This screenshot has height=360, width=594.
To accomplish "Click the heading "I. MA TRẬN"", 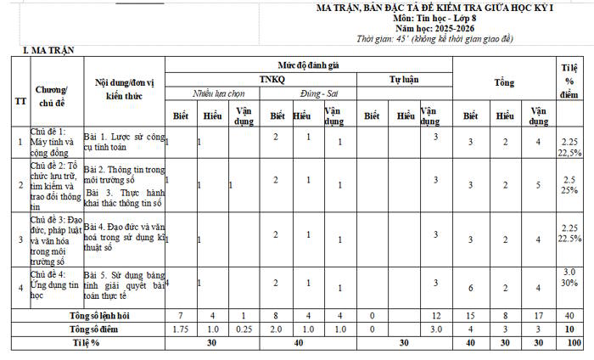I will [48, 51].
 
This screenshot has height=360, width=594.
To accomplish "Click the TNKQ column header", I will [278, 79].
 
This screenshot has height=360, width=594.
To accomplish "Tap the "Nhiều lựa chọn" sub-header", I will [218, 94].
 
